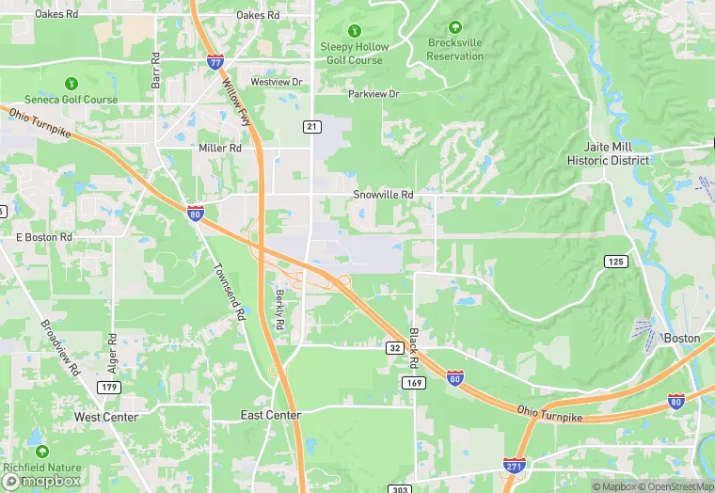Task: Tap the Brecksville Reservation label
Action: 455,49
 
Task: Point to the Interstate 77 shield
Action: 215,62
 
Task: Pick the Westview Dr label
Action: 277,82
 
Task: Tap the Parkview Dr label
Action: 373,94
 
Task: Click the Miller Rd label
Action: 220,149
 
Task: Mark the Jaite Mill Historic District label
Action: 608,154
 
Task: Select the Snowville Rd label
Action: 383,195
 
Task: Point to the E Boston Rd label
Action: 44,237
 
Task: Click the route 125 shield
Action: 615,261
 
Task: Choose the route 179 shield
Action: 110,387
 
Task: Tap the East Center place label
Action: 270,415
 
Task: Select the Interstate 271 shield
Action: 514,466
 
